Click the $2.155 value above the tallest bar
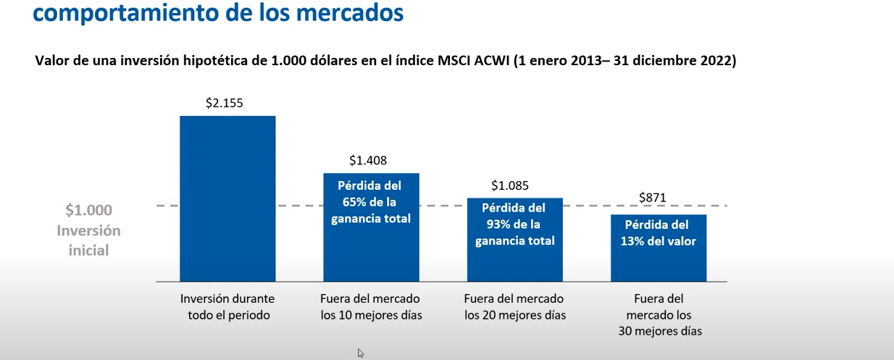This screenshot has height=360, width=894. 225,103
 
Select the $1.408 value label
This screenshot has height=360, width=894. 368,160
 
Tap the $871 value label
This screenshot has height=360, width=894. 653,198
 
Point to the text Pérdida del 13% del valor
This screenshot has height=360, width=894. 658,233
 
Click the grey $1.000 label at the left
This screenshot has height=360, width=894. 89,211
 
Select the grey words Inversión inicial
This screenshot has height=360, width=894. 89,240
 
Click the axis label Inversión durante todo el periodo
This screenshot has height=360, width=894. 227,306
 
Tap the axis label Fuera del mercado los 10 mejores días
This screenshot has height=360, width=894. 370,306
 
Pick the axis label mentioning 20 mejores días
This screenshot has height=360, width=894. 514,306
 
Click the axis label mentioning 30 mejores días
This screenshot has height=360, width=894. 659,314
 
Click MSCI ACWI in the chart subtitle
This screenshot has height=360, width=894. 473,62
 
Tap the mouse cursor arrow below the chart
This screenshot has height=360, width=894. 360,353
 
